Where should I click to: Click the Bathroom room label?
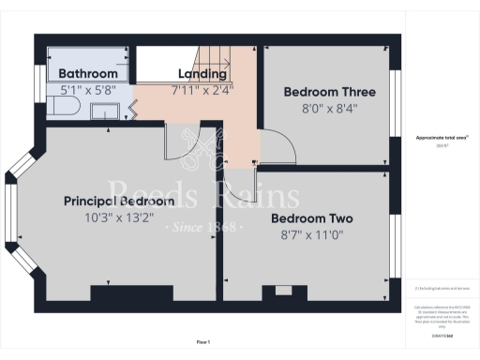pyautogui.click(x=88, y=74)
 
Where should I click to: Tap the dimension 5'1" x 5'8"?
pyautogui.click(x=88, y=91)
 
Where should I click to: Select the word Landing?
pyautogui.click(x=202, y=74)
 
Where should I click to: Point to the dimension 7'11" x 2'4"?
pyautogui.click(x=202, y=91)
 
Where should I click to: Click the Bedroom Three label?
pyautogui.click(x=330, y=92)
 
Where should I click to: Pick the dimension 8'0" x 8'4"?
pyautogui.click(x=330, y=108)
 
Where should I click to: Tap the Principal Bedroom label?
pyautogui.click(x=119, y=202)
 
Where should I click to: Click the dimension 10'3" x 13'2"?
pyautogui.click(x=119, y=218)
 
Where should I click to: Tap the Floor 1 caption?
pyautogui.click(x=203, y=340)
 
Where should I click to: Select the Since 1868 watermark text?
pyautogui.click(x=203, y=228)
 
